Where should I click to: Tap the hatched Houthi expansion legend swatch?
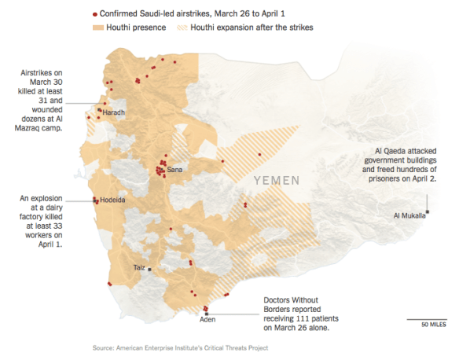coord(181,28)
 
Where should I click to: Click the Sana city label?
coord(174,170)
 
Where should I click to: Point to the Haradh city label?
coord(114,112)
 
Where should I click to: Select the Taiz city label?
coord(138,268)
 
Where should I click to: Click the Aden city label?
coord(207,319)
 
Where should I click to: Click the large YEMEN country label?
coord(276,181)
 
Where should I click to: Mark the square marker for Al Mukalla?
coord(428,210)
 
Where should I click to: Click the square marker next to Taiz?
coord(149,269)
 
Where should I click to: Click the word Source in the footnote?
coord(105,347)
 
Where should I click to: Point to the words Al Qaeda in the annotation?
coord(394,149)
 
